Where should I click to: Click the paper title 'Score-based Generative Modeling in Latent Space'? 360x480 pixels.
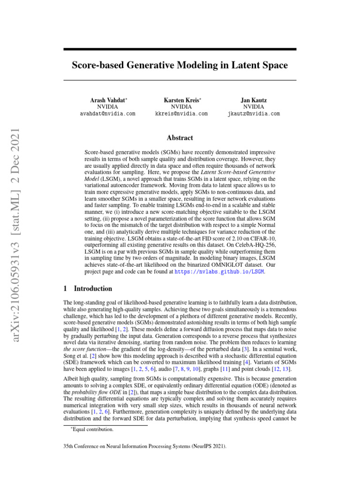[x=180, y=65]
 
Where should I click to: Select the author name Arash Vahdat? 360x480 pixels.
[x=108, y=100]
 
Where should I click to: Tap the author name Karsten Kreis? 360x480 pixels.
[x=181, y=100]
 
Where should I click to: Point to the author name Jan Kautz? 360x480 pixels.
[x=254, y=100]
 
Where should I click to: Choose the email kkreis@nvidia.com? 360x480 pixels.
[x=181, y=114]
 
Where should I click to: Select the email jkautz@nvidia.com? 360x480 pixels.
[x=254, y=114]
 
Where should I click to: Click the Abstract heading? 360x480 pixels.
[x=180, y=138]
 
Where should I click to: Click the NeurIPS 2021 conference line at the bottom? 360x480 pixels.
[x=145, y=447]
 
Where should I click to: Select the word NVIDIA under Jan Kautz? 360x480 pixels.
[x=254, y=107]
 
